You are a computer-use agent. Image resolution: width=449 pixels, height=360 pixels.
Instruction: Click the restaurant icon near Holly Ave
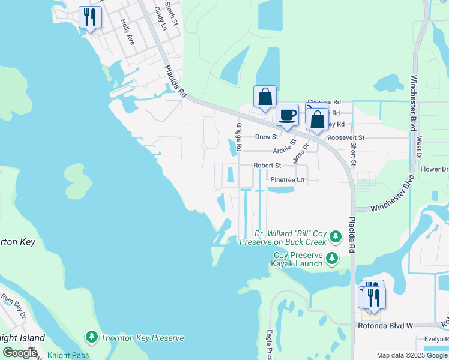90,16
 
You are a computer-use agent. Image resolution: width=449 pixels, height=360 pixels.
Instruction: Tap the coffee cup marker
287,115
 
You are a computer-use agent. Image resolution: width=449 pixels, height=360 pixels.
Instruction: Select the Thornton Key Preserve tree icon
92,338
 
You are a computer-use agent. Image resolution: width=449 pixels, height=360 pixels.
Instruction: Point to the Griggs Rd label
239,137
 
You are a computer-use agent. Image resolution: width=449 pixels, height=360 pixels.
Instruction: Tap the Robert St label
267,165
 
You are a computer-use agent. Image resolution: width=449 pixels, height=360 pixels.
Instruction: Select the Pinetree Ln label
287,179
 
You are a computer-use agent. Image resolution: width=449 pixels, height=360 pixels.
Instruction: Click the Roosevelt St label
346,137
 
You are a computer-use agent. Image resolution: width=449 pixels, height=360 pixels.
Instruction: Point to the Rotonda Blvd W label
385,326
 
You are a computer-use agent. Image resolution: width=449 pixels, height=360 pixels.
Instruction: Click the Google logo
20,352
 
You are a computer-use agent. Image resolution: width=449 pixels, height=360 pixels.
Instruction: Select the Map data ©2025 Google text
412,355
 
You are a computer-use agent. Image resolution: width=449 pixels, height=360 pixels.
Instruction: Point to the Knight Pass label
68,355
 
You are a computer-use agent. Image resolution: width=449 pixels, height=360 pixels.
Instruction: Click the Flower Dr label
435,169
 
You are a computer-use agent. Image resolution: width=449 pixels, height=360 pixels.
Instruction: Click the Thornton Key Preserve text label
142,338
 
